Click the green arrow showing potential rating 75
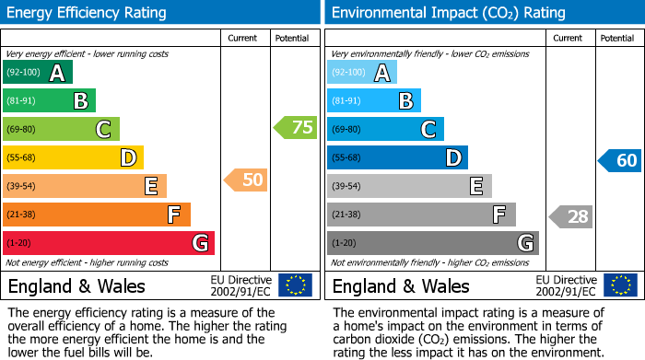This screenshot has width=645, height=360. tap(296, 128)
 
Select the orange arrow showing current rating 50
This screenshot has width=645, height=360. tap(247, 180)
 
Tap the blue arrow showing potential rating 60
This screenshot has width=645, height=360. tap(620, 161)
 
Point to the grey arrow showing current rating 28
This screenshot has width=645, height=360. tap(571, 216)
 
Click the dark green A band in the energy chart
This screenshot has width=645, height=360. tap(38, 73)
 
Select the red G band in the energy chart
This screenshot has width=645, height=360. tap(109, 243)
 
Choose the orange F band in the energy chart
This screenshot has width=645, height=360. tap(97, 215)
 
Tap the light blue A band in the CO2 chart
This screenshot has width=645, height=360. tap(362, 73)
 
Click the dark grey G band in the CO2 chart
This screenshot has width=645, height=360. tap(433, 243)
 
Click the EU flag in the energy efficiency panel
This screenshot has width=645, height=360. tap(295, 285)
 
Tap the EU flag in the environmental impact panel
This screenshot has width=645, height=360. tap(619, 285)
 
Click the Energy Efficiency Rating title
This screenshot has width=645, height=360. tap(88, 13)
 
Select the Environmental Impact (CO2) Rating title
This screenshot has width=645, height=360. tap(448, 13)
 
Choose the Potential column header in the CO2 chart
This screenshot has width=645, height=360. tap(617, 39)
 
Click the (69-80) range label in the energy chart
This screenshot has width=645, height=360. tap(22, 130)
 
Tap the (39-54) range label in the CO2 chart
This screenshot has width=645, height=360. tap(346, 186)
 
